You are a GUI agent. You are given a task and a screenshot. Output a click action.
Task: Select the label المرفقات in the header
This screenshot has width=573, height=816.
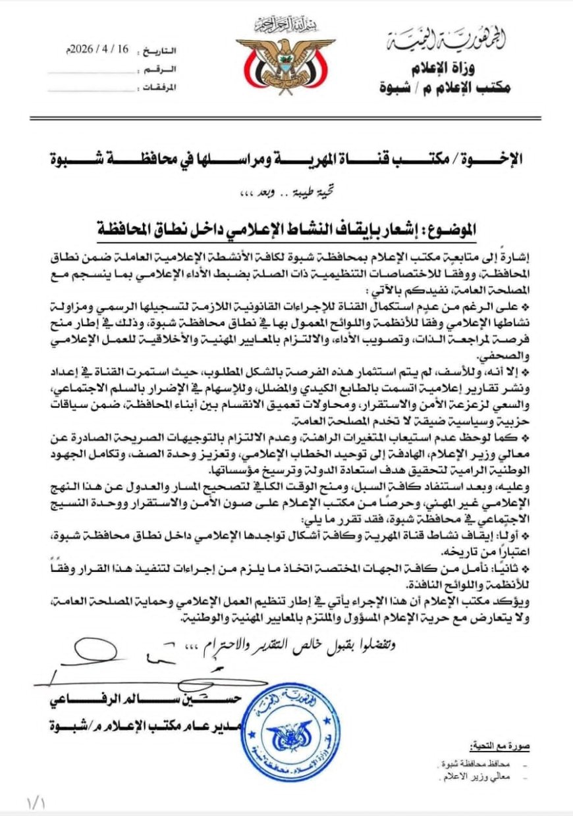[160, 88]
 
